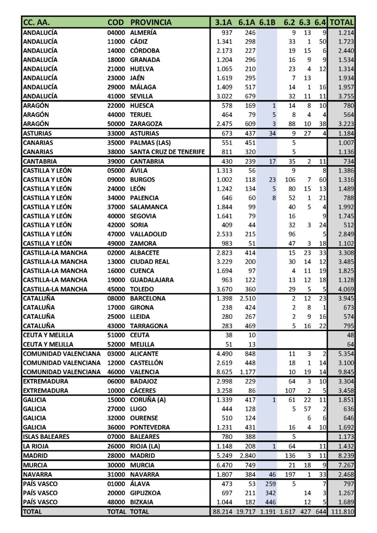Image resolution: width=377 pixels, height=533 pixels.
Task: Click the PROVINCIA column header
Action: [x=151, y=22]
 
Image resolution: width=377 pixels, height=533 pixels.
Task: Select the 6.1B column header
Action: [x=267, y=22]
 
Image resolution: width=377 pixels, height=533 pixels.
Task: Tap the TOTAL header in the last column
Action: [x=341, y=22]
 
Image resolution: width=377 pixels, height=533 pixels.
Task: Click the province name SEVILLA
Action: [x=141, y=96]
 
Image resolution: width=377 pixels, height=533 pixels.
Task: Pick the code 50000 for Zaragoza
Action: [x=116, y=124]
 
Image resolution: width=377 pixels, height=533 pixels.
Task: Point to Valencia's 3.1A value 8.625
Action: [x=224, y=372]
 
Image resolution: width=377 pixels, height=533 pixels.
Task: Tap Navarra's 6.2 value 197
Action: [x=290, y=474]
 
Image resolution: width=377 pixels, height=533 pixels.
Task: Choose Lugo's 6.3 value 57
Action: [x=307, y=409]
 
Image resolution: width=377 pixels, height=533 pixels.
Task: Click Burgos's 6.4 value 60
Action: [x=322, y=180]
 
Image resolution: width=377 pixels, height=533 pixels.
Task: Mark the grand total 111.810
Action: [x=342, y=511]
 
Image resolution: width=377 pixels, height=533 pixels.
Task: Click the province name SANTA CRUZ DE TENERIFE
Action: [x=167, y=152]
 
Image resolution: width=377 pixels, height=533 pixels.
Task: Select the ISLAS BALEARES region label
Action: [x=46, y=437]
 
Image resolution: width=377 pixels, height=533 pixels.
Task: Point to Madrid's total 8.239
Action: [x=346, y=455]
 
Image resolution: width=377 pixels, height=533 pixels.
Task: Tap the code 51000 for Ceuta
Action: [x=116, y=335]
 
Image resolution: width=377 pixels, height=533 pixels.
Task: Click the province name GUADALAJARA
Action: [x=152, y=280]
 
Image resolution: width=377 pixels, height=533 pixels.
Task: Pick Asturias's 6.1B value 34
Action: [x=272, y=133]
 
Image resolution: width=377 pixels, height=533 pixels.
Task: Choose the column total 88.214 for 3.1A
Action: [x=222, y=511]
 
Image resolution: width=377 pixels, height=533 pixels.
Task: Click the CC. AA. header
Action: [x=36, y=22]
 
